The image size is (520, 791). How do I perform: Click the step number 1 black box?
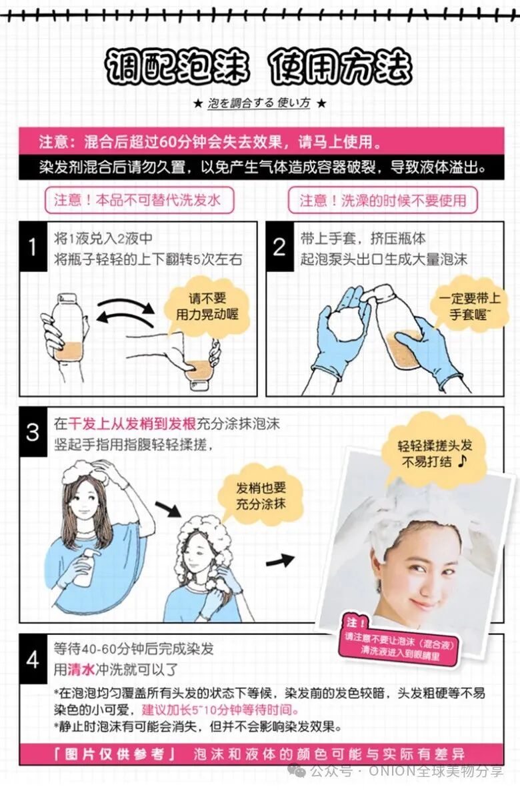pyautogui.click(x=33, y=247)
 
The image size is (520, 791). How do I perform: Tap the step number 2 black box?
pyautogui.click(x=279, y=247)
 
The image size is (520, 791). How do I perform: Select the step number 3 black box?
pyautogui.click(x=33, y=432)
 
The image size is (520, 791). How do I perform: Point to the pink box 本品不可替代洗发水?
pyautogui.click(x=139, y=200)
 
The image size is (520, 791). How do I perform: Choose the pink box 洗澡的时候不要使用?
pyautogui.click(x=383, y=200)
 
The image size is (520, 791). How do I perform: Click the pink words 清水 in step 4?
pyautogui.click(x=81, y=670)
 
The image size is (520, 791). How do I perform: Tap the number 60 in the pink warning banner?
pyautogui.click(x=167, y=142)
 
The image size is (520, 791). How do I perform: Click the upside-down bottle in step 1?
pyautogui.click(x=199, y=361)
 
